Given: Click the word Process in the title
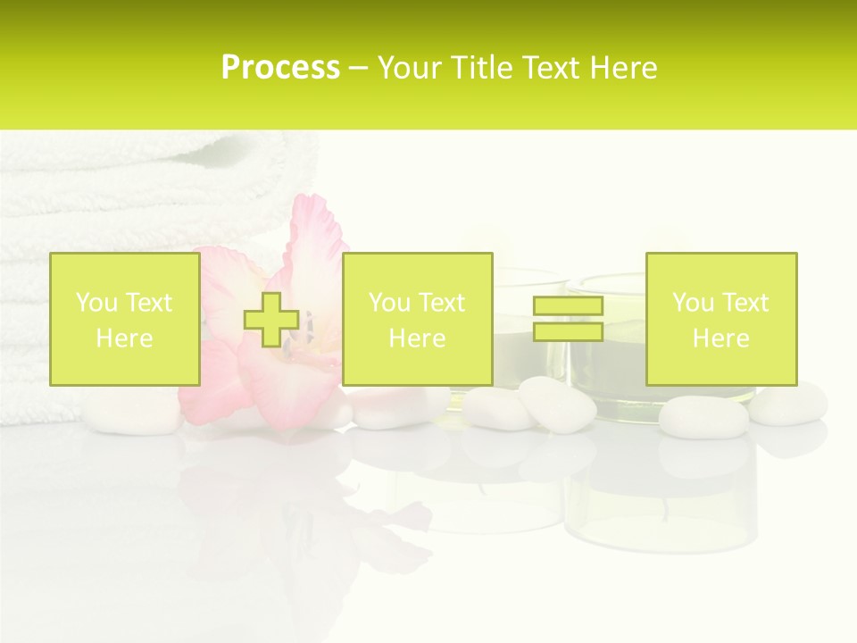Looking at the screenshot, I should coord(280,68).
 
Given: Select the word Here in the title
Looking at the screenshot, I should coord(619,68).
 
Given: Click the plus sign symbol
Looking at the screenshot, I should coord(271,319).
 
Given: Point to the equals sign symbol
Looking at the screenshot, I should coord(568,319).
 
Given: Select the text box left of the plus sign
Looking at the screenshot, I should coord(125,319).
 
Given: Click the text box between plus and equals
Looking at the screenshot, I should coord(417,319).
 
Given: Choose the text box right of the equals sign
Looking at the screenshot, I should coord(720,319).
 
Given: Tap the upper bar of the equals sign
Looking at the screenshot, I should coord(568,306).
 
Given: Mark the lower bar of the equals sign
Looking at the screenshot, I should coord(568,331).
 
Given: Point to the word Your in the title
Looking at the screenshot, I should coord(407,68).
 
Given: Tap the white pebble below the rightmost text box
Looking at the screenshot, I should coord(703,416).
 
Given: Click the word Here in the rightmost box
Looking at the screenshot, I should coord(720,338).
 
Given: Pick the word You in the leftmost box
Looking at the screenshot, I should coord(96,303).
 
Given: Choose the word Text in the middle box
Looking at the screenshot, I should coord(441,303).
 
